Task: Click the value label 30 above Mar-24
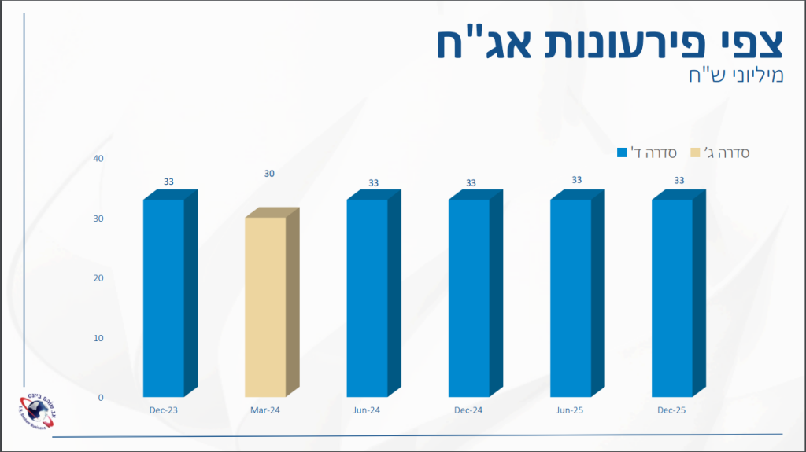pyautogui.click(x=269, y=174)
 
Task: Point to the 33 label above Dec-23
pyautogui.click(x=168, y=182)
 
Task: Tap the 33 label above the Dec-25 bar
pyautogui.click(x=678, y=181)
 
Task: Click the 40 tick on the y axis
pyautogui.click(x=98, y=159)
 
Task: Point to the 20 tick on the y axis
pyautogui.click(x=98, y=278)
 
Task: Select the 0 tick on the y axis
pyautogui.click(x=101, y=398)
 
